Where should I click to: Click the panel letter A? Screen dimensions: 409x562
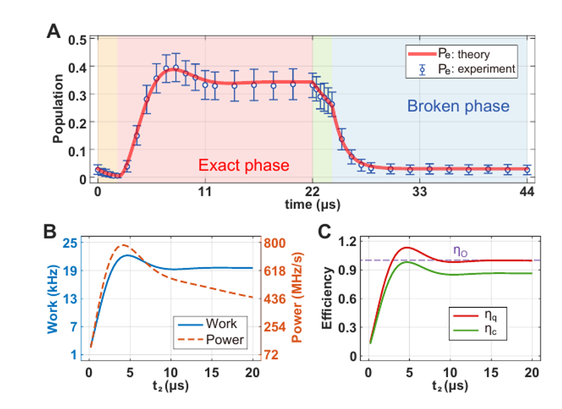click(x=53, y=32)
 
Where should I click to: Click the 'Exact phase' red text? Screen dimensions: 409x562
click(x=244, y=165)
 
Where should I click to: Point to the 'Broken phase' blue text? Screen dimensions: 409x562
click(x=458, y=106)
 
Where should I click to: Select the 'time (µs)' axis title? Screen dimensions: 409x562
click(x=312, y=205)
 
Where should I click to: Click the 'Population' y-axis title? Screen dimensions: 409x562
click(x=58, y=108)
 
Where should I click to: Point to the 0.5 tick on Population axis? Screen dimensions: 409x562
click(x=78, y=40)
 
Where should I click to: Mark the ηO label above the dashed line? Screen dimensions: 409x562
click(x=460, y=251)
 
